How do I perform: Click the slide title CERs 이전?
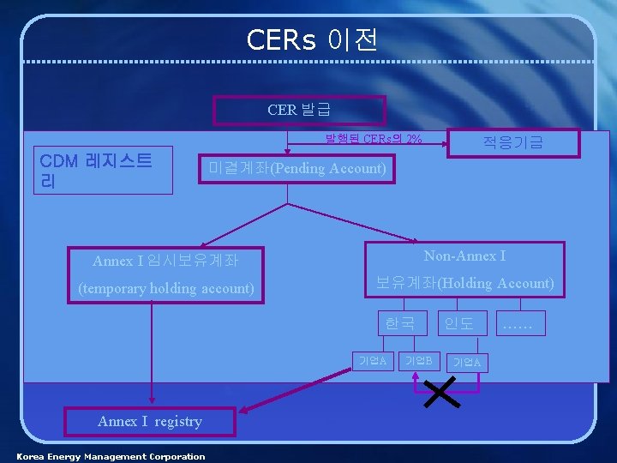point(311,39)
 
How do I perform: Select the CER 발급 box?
point(299,110)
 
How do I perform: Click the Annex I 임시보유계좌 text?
point(165,260)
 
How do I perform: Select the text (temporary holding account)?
point(166,288)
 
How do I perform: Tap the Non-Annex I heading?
point(464,256)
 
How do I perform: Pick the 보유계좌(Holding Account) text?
point(465,283)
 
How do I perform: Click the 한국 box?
point(399,323)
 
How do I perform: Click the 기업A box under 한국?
point(373,359)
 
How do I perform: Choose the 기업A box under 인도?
point(467,363)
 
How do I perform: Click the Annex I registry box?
point(150,421)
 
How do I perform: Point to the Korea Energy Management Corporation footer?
point(111,456)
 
